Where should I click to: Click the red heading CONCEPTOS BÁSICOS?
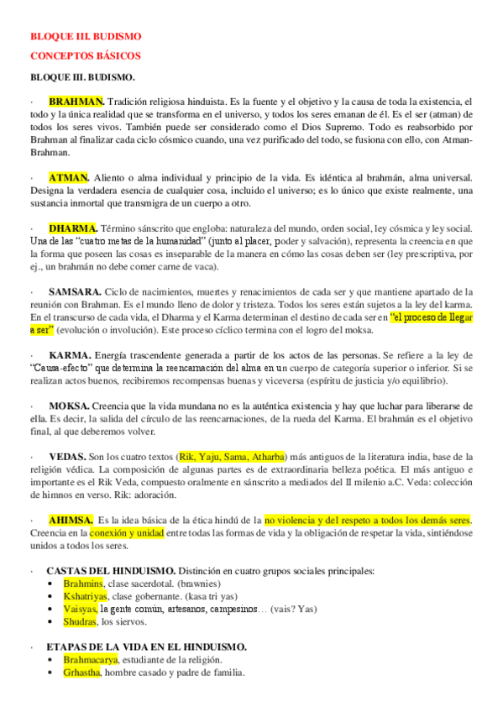(85, 56)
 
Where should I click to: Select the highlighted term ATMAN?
(69, 177)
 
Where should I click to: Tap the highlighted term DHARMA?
(73, 228)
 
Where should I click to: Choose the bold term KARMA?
(70, 354)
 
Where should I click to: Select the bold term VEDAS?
(67, 456)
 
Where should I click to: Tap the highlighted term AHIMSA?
(71, 520)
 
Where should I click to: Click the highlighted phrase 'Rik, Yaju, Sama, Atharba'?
(232, 456)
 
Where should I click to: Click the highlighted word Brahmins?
(83, 583)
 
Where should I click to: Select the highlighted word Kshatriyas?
(87, 595)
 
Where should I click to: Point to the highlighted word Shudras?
(81, 621)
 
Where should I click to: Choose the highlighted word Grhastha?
(81, 673)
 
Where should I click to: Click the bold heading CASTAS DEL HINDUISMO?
(111, 570)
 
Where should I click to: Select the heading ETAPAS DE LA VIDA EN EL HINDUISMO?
(146, 647)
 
